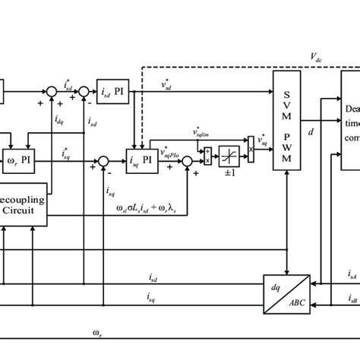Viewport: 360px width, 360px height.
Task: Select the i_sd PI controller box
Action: (x=114, y=93)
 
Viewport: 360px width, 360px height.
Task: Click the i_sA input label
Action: (x=352, y=274)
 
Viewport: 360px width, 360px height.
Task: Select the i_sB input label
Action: (x=352, y=299)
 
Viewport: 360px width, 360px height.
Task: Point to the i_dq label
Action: (x=59, y=121)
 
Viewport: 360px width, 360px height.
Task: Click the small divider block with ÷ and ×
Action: (x=207, y=153)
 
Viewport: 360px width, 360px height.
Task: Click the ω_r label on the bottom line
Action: (x=97, y=331)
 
